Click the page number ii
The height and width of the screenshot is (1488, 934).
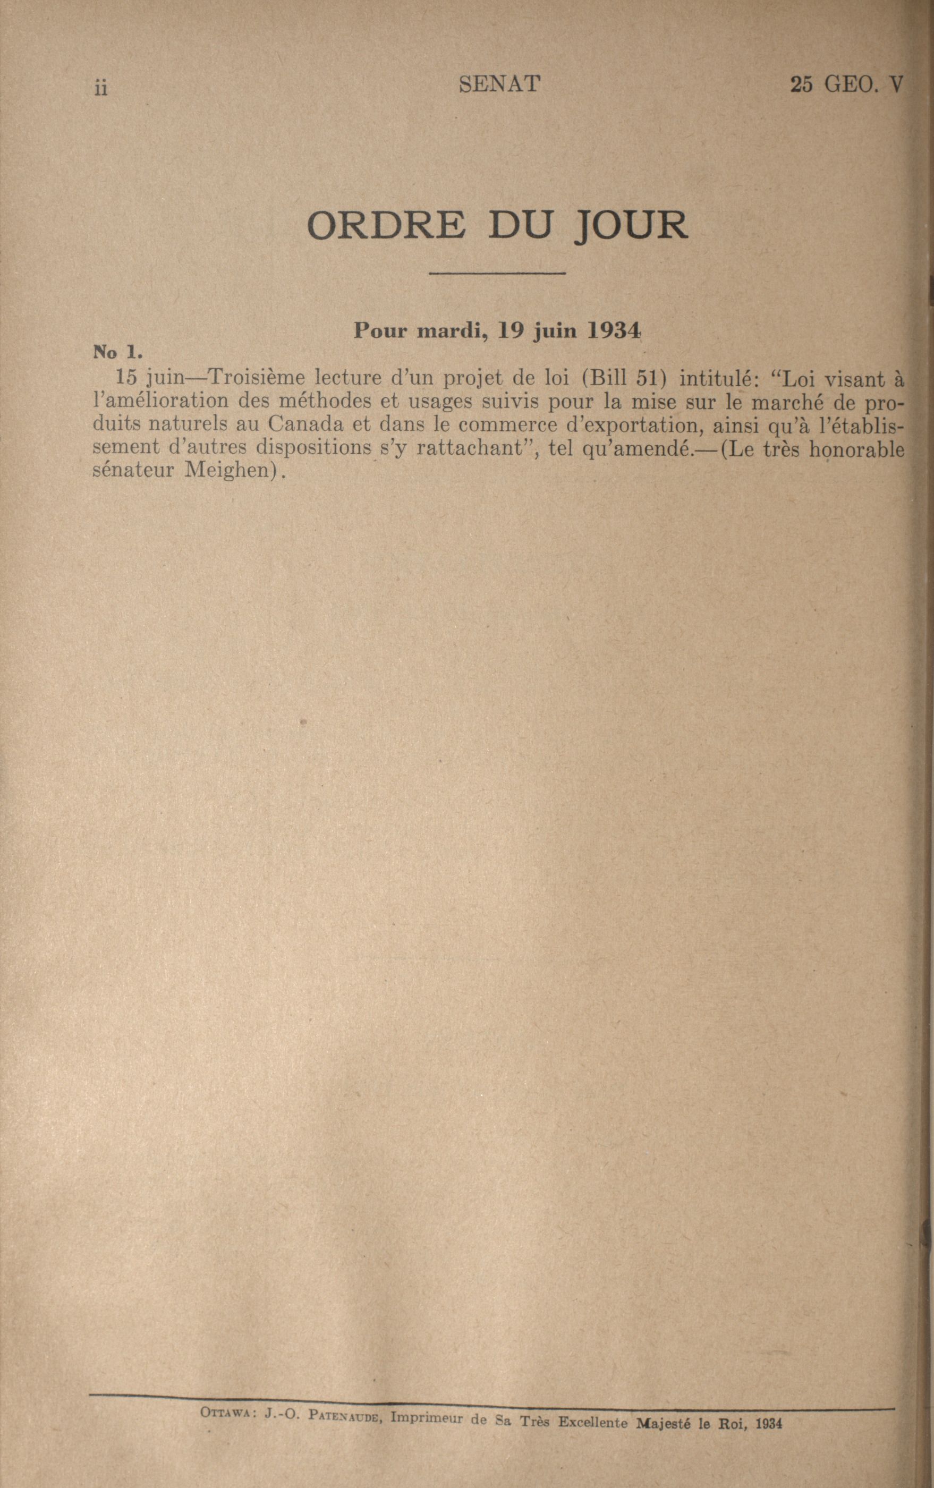pos(101,89)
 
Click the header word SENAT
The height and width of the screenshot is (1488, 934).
pos(500,84)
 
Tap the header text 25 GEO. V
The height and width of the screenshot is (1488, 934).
pos(846,84)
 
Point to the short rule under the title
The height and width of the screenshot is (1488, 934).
pos(497,273)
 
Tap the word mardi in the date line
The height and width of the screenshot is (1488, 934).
pos(445,331)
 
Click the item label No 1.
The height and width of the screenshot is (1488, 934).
pos(118,353)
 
